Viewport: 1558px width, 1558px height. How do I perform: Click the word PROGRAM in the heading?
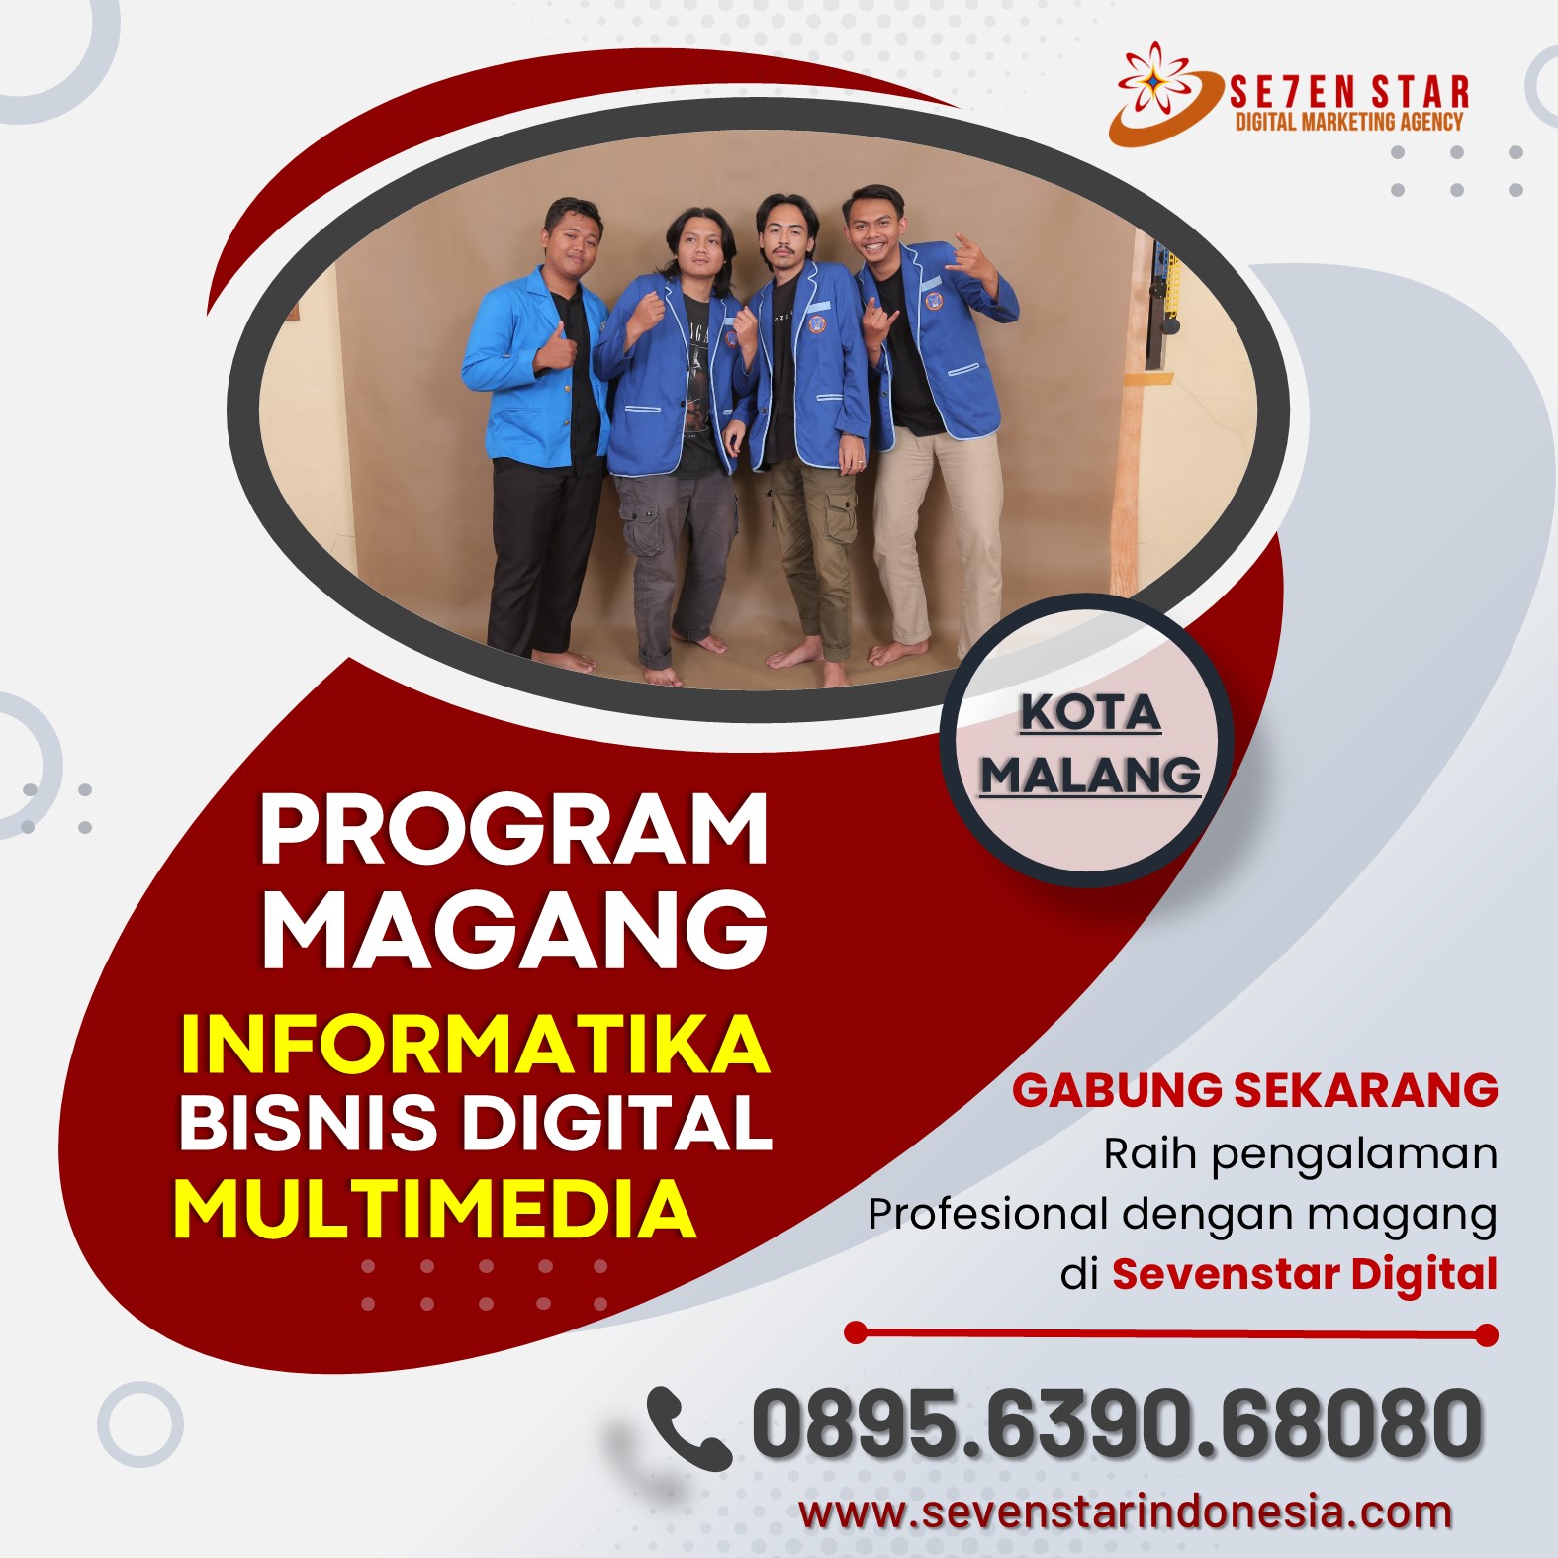(513, 830)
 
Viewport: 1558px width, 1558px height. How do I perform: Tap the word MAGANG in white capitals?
(513, 929)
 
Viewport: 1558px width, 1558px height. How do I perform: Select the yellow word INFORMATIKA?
(475, 1043)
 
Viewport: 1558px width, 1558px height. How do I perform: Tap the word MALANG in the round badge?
(1090, 774)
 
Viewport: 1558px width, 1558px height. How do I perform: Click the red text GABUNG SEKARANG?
(1254, 1089)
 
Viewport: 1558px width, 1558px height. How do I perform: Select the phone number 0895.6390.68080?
(1118, 1422)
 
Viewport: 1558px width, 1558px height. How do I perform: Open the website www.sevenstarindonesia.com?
(1126, 1512)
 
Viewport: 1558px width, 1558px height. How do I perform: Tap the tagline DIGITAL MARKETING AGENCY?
(1349, 122)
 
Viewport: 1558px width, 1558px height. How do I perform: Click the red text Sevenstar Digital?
(1305, 1273)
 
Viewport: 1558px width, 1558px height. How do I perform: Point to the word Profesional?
(987, 1213)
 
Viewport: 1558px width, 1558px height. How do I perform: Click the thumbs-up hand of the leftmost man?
(556, 348)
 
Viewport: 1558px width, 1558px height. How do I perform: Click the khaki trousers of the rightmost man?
(925, 534)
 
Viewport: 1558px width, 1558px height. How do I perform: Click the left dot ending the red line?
(857, 1333)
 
